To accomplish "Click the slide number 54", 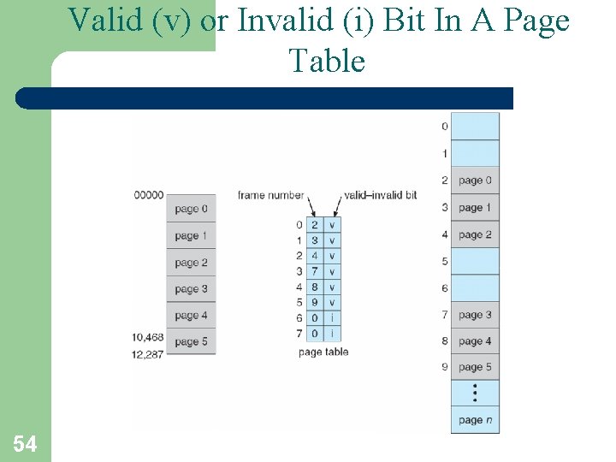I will [25, 443].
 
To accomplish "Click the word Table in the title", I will [327, 62].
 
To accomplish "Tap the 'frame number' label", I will [270, 195].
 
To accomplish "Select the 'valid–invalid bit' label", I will [380, 195].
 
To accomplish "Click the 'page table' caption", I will [323, 352].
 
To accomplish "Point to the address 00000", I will [148, 195].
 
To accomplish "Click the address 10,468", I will [148, 337].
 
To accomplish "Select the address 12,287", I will [148, 353].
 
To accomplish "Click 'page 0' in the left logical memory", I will [191, 210].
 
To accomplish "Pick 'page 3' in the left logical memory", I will [191, 289].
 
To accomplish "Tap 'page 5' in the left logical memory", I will [191, 342].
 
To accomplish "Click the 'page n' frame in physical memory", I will [475, 420].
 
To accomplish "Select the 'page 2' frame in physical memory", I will [475, 234].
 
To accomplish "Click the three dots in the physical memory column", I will [475, 393].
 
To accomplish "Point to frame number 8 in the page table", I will [315, 287].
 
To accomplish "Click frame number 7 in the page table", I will [315, 271].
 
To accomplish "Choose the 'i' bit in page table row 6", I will [332, 317].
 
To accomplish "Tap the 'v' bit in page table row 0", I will [332, 225].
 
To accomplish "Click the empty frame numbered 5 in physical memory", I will [475, 261].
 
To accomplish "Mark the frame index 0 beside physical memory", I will [444, 127].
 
